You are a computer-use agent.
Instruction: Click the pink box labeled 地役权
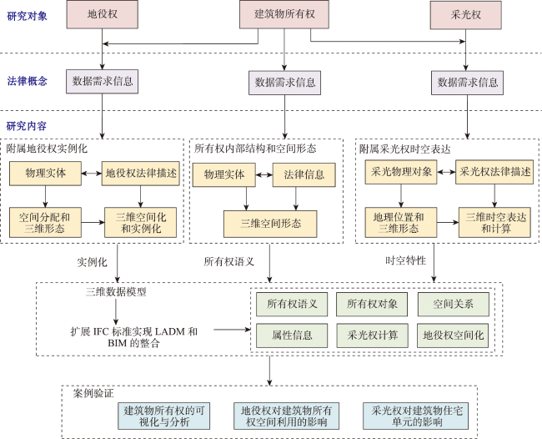coord(103,14)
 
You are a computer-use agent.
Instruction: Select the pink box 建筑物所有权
coord(284,14)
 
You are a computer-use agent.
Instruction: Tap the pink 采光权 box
coord(465,15)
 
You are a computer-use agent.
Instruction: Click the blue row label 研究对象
coord(27,16)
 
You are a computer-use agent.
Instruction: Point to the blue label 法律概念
coord(27,81)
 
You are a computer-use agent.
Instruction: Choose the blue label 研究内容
coord(27,126)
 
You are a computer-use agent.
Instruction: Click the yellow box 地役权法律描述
coord(141,173)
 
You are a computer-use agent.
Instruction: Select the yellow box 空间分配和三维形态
coord(45,223)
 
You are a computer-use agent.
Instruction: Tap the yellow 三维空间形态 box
coord(270,224)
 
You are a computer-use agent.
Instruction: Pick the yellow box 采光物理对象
coord(401,172)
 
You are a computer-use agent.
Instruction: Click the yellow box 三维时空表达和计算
coord(494,223)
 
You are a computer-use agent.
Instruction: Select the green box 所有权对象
coord(372,304)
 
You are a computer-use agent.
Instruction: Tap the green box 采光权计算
coord(372,336)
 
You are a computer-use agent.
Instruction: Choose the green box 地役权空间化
coord(453,336)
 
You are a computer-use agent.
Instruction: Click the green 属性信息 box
coord(292,336)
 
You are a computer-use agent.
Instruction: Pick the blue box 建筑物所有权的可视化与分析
coord(163,416)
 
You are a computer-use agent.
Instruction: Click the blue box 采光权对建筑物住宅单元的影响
coord(416,416)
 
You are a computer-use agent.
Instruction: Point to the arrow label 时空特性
coord(405,260)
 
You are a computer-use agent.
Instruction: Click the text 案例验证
coord(93,393)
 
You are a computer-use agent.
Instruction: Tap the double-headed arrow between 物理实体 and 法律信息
coord(264,175)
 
